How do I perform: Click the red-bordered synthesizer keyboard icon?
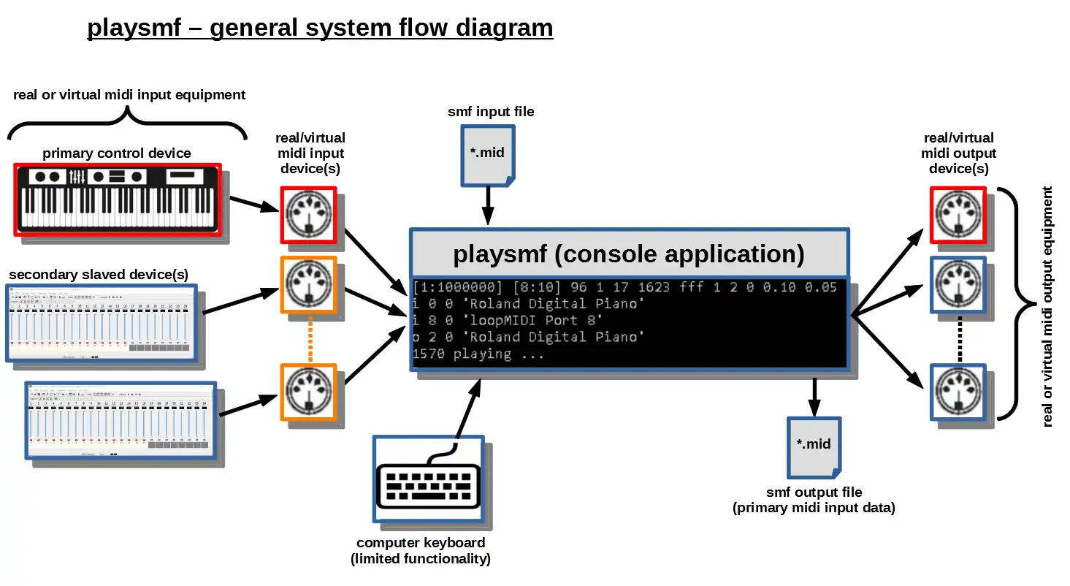click(x=117, y=199)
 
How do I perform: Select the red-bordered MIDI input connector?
click(x=308, y=215)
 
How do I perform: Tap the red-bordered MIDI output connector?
click(x=958, y=215)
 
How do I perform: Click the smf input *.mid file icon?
click(x=487, y=154)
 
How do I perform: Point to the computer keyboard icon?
click(x=428, y=479)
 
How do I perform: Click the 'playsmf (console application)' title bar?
click(x=629, y=254)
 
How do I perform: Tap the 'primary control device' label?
click(x=117, y=153)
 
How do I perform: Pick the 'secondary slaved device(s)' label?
click(x=99, y=275)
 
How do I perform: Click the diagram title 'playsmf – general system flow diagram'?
click(x=320, y=28)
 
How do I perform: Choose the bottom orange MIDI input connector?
click(x=308, y=392)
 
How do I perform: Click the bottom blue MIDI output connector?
click(x=958, y=392)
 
